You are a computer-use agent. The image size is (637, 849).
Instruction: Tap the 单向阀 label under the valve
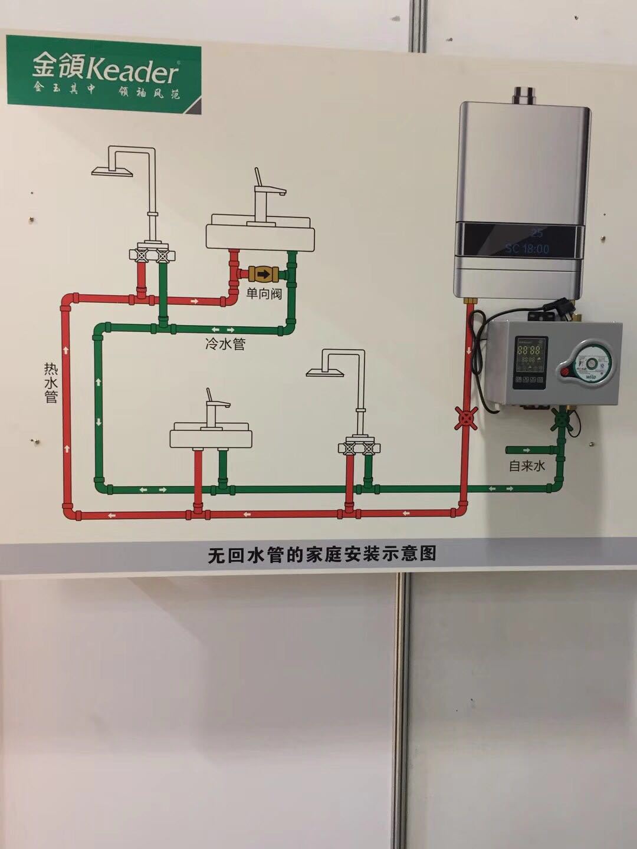click(264, 293)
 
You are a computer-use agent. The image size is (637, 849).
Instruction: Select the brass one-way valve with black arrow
click(263, 274)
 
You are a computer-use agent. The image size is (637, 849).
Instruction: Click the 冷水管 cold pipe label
click(225, 344)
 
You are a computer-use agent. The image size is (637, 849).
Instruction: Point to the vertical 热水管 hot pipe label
click(51, 383)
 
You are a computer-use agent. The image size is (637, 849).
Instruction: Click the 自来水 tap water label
click(527, 466)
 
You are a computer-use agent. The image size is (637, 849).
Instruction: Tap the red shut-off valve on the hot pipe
click(467, 418)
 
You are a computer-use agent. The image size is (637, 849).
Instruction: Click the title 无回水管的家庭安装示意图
click(322, 554)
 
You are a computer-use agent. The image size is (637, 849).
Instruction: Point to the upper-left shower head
click(114, 170)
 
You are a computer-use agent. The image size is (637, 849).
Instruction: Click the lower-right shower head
click(326, 370)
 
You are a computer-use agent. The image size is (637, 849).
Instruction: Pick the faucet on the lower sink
click(215, 406)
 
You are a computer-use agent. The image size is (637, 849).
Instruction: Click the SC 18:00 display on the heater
click(527, 249)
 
